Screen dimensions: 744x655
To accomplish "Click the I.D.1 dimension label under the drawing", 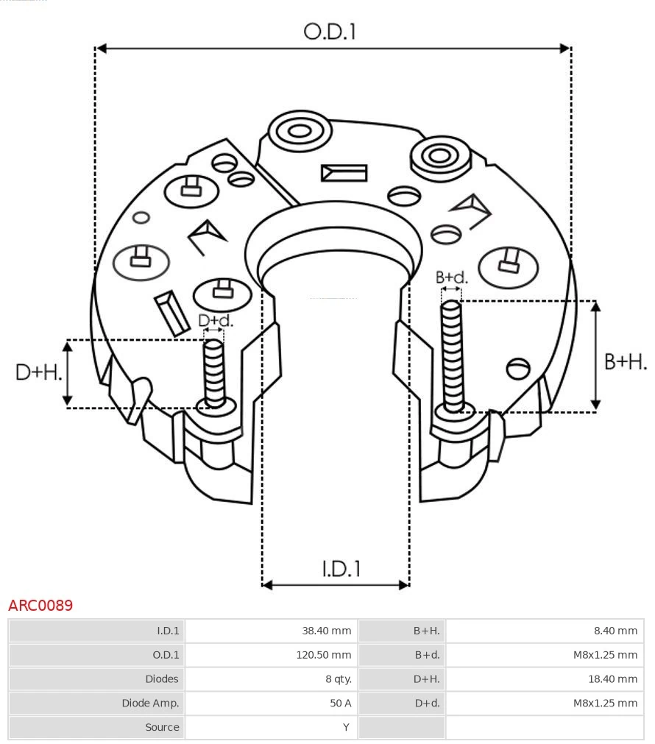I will click(x=341, y=569).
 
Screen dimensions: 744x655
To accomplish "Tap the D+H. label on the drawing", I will click(x=38, y=372).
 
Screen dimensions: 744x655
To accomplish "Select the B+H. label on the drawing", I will click(x=625, y=362).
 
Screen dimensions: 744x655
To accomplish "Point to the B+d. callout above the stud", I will click(x=451, y=277).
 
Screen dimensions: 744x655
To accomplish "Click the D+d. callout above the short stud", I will click(x=215, y=321).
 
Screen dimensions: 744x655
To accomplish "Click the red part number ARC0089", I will click(x=40, y=606).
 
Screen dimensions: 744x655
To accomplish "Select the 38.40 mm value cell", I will click(x=326, y=631).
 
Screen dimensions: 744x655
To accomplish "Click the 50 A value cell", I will click(x=340, y=704).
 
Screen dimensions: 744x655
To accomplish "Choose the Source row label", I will click(x=162, y=727).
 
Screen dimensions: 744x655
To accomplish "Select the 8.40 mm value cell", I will click(x=615, y=631).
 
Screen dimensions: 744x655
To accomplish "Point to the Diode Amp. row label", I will click(x=150, y=704).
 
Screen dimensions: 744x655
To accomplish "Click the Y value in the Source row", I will click(x=347, y=727).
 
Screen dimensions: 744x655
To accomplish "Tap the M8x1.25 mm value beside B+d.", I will click(x=605, y=655).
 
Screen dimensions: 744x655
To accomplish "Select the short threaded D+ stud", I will click(x=214, y=372).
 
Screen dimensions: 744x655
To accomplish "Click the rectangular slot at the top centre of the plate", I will click(x=344, y=173).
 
